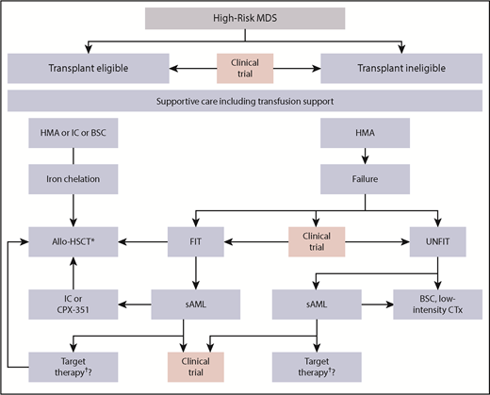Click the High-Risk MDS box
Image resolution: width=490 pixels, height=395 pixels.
click(244, 18)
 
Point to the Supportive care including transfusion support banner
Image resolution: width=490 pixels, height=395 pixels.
click(244, 101)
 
